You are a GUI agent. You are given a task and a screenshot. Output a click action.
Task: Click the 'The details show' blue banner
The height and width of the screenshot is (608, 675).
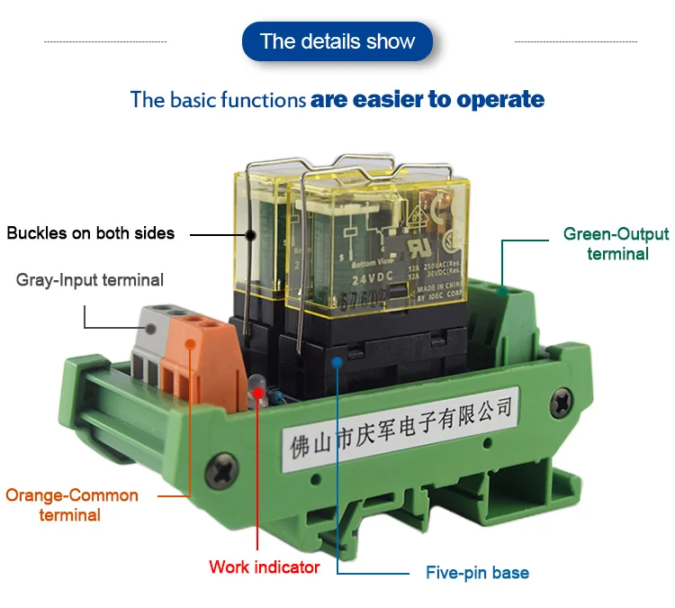[337, 41]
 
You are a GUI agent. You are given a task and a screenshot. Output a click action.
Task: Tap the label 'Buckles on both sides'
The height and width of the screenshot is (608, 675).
[90, 233]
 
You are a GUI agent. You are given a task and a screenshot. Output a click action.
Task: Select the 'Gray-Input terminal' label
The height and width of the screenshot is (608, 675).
[90, 280]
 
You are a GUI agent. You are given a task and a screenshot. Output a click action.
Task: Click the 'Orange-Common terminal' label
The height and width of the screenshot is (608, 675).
[72, 505]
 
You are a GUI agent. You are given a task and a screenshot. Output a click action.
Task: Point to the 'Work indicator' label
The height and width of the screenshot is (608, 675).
[264, 567]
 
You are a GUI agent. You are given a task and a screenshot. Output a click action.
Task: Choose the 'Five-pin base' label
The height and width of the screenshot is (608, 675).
[477, 573]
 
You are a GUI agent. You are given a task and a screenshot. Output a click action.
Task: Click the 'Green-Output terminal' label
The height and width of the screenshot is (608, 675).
[616, 244]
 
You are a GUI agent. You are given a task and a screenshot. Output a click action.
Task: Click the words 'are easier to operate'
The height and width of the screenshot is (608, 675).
[427, 99]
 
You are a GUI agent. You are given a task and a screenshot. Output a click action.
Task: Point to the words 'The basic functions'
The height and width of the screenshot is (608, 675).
[218, 99]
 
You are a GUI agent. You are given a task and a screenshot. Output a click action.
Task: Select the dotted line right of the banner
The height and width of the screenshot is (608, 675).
[575, 41]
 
